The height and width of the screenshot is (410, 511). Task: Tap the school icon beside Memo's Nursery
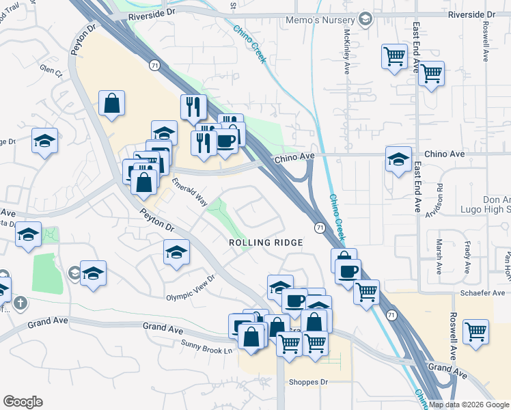[365, 18]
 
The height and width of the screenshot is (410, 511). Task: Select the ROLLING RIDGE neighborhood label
[265, 243]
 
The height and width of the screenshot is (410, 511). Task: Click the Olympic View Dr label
[191, 297]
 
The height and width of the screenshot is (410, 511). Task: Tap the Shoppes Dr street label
[309, 383]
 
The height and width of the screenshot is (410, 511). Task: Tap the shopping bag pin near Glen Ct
[111, 105]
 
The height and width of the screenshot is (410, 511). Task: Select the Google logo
[23, 402]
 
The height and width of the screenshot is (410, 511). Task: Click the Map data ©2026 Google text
[469, 405]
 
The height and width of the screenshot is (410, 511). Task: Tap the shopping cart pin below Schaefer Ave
[475, 332]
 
